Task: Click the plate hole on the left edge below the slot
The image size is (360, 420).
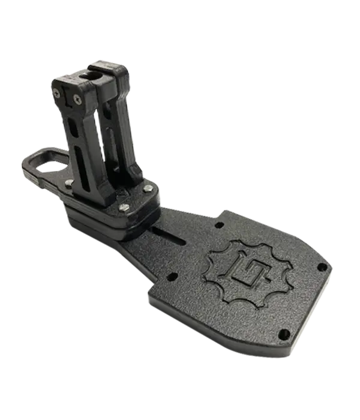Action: [173, 277]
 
